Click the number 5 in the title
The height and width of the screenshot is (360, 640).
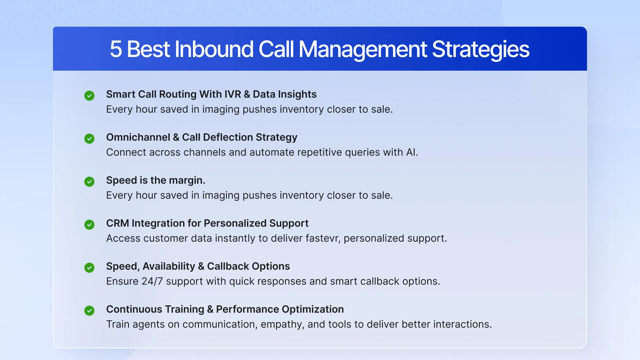click(x=116, y=49)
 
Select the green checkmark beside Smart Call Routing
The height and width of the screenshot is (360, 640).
click(x=89, y=96)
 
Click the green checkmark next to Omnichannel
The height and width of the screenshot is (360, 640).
click(x=89, y=139)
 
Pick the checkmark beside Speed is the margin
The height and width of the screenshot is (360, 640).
click(x=89, y=182)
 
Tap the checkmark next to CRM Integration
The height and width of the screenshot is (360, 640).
click(x=89, y=225)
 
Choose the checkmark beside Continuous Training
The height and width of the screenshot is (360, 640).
click(x=89, y=311)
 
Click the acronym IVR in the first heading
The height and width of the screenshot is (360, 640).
click(x=232, y=94)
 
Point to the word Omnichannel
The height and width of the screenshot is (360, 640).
click(x=138, y=137)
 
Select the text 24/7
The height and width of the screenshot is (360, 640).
click(x=152, y=281)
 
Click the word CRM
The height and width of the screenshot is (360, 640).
click(x=117, y=223)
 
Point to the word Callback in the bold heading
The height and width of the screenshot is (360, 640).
click(x=228, y=266)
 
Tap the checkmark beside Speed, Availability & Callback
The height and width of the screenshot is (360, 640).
click(x=89, y=268)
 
